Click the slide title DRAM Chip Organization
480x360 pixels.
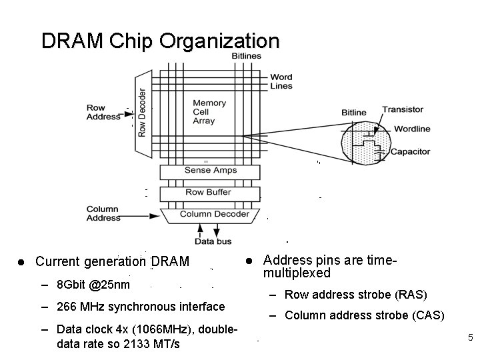click(x=160, y=41)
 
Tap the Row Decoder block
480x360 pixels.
click(x=142, y=111)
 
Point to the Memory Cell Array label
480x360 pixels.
click(x=209, y=112)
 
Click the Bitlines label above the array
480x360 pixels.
click(x=246, y=56)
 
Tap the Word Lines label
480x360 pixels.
click(x=281, y=81)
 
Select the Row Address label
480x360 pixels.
click(x=103, y=112)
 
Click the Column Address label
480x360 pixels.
click(x=103, y=213)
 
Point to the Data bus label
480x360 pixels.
click(x=214, y=241)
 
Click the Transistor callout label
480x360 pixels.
click(x=403, y=109)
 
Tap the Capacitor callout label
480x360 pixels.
click(x=411, y=152)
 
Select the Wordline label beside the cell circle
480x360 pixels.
click(x=412, y=129)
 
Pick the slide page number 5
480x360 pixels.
click(x=470, y=338)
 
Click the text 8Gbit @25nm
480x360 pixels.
click(x=93, y=284)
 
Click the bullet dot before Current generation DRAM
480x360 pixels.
click(x=22, y=261)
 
